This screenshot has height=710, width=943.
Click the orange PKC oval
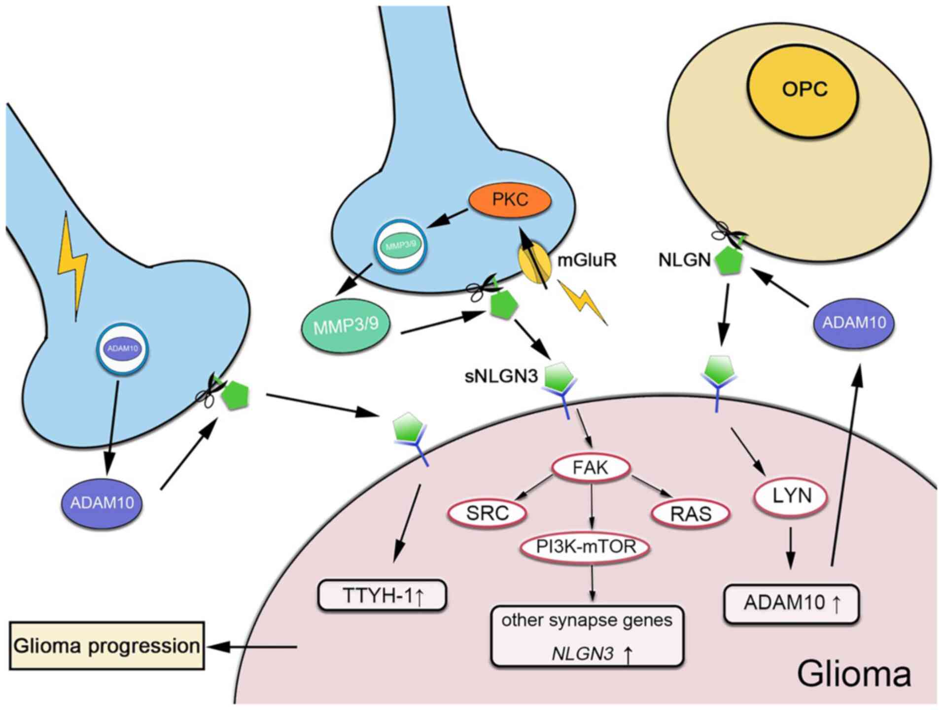point(510,200)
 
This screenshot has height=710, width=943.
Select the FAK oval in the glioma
point(591,467)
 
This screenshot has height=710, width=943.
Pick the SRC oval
point(487,513)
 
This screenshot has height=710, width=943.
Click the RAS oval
point(690,514)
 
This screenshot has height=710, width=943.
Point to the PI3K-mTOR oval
point(586,547)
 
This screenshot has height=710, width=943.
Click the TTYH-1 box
point(383,596)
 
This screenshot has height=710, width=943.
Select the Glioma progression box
point(106,645)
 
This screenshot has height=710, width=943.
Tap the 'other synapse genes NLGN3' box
point(587,636)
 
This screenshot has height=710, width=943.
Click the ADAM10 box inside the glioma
point(792,603)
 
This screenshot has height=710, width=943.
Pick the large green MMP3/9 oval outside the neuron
point(346,326)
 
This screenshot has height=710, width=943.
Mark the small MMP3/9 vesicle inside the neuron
point(400,245)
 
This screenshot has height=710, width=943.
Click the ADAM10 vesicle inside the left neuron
point(123,348)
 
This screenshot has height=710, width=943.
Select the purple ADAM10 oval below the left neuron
point(102,503)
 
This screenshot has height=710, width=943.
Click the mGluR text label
point(587,260)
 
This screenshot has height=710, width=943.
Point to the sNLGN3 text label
point(501,376)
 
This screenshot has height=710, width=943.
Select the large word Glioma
point(854,674)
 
